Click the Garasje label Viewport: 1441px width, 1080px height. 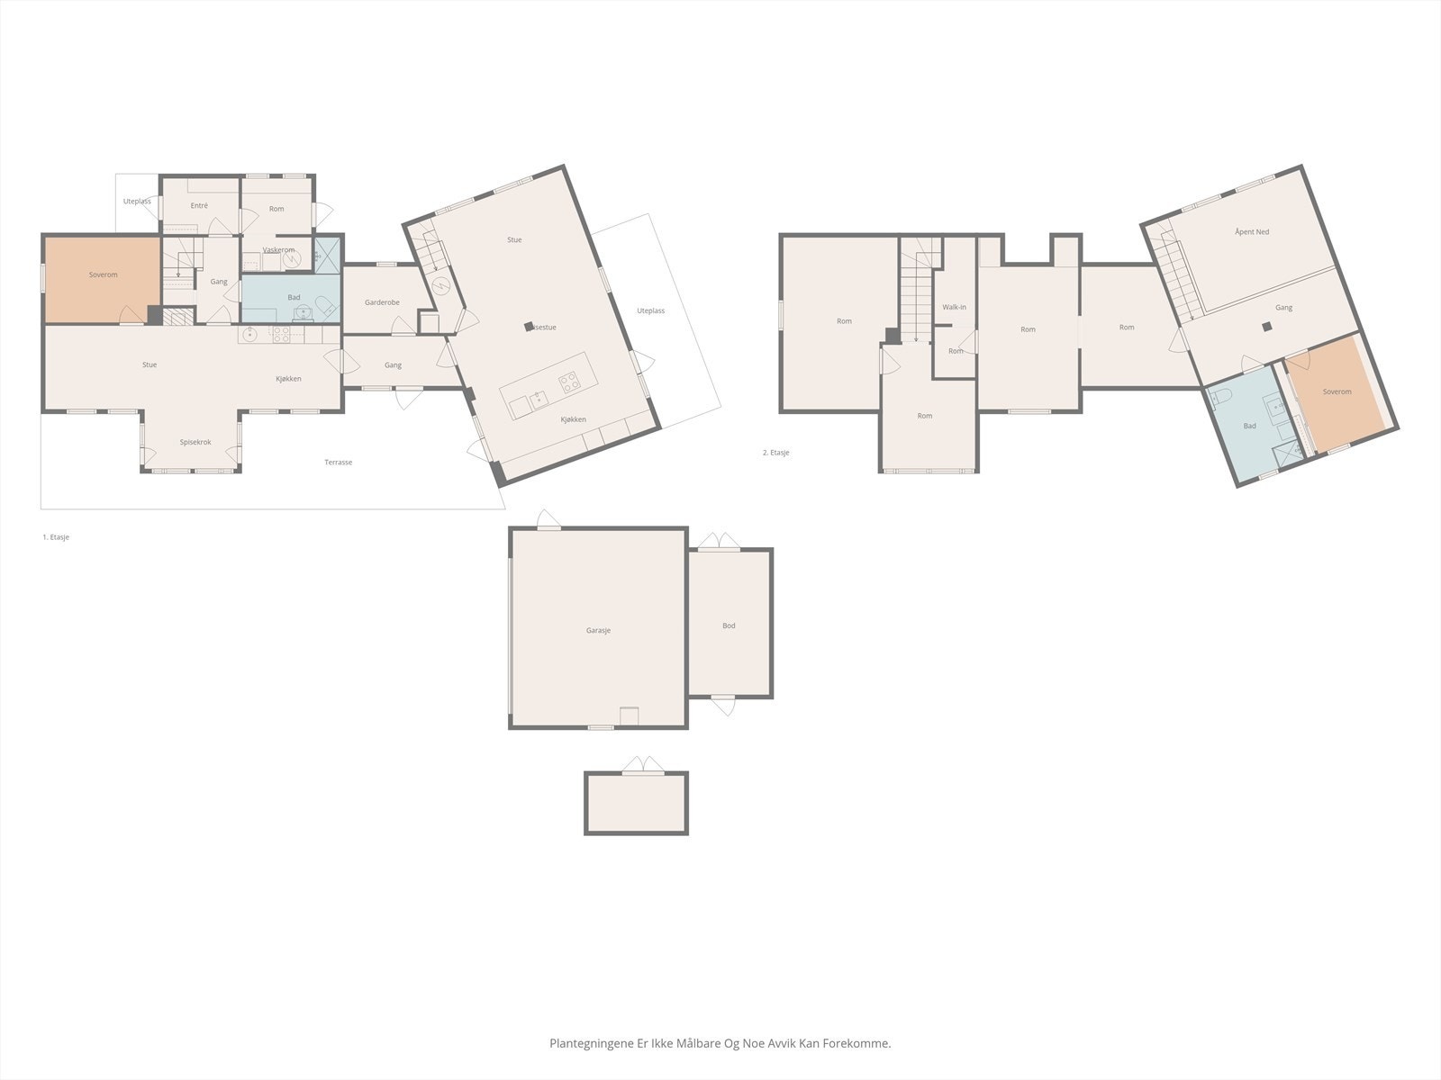click(x=598, y=630)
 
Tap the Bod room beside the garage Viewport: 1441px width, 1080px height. click(x=729, y=625)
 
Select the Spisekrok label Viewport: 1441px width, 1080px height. click(x=195, y=442)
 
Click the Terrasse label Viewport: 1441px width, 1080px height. click(x=338, y=463)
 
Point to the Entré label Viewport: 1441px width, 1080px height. click(x=199, y=206)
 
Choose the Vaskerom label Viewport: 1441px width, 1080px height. click(x=278, y=250)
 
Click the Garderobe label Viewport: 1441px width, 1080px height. click(x=382, y=302)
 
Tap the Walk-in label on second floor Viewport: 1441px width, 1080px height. click(x=954, y=307)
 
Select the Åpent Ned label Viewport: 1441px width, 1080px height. click(x=1251, y=232)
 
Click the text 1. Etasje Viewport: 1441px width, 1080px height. click(x=56, y=537)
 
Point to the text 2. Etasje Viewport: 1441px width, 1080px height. click(x=775, y=453)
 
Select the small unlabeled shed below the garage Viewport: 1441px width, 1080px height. click(x=636, y=803)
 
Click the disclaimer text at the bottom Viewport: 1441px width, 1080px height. click(x=720, y=1044)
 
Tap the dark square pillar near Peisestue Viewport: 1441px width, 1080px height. click(x=529, y=328)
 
